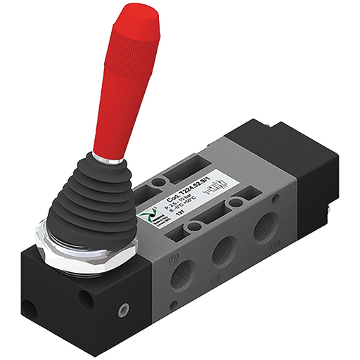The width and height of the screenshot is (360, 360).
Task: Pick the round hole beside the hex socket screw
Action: click(x=86, y=299)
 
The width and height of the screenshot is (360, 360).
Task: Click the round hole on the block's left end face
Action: click(x=29, y=309)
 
